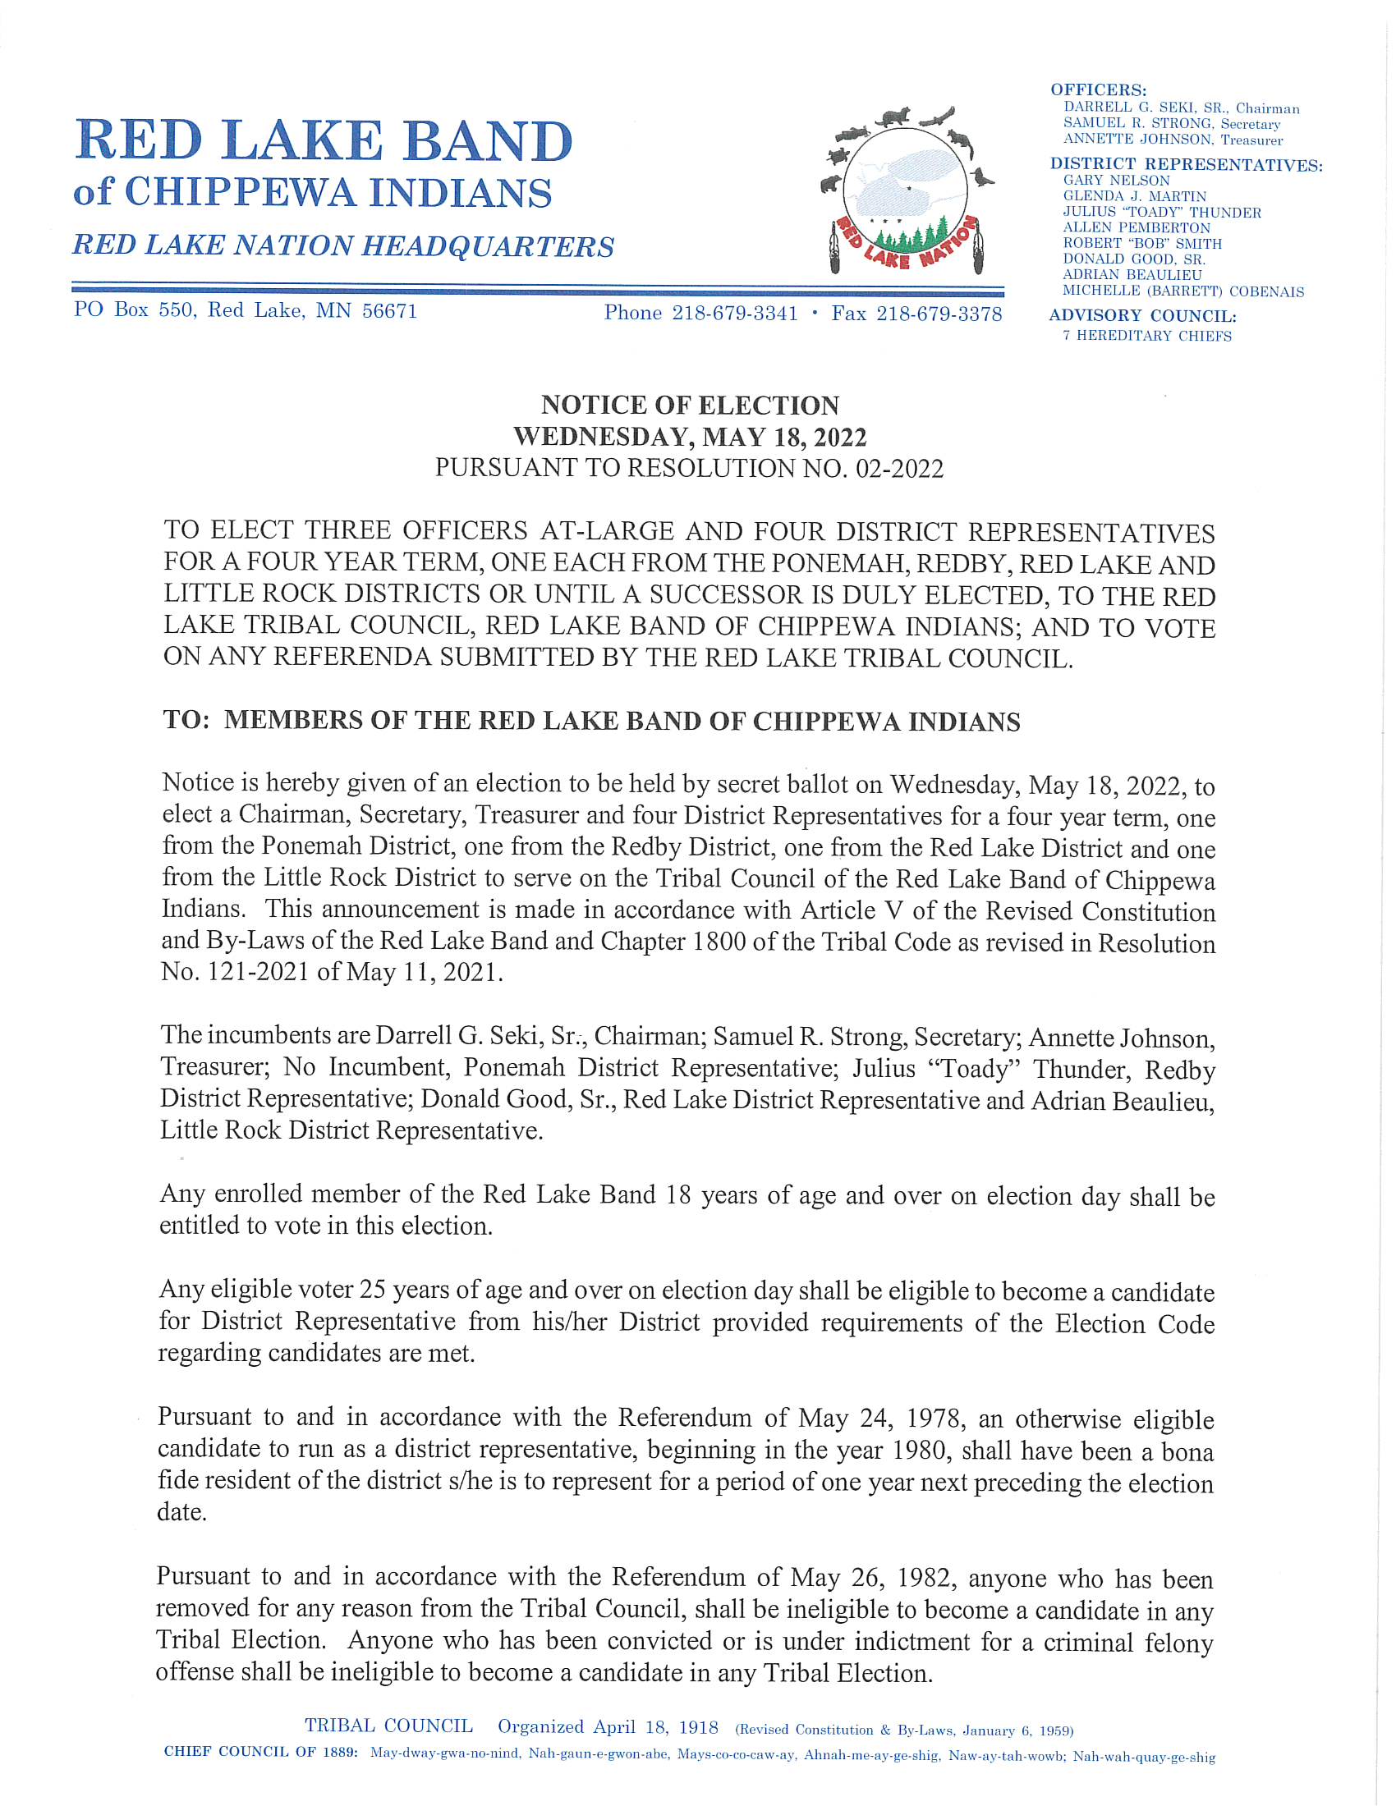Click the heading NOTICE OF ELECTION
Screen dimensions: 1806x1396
point(690,406)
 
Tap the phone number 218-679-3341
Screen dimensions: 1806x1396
point(734,314)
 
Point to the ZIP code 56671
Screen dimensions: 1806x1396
point(389,311)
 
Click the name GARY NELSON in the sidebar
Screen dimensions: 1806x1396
point(1117,181)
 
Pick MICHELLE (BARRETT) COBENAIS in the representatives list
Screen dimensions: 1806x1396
point(1182,291)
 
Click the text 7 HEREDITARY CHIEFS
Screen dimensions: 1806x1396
point(1147,336)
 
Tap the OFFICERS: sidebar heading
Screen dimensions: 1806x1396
point(1098,90)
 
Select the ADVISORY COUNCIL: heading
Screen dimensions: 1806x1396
point(1142,316)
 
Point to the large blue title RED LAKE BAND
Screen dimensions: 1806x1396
point(324,140)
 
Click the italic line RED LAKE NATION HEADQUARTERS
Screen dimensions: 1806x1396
point(343,245)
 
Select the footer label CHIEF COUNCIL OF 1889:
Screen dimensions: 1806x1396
point(260,1753)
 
